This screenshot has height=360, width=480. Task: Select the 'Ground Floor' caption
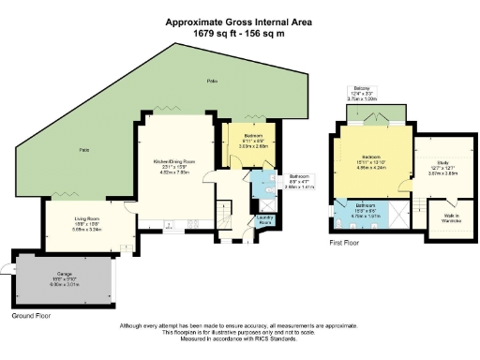coord(30,316)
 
